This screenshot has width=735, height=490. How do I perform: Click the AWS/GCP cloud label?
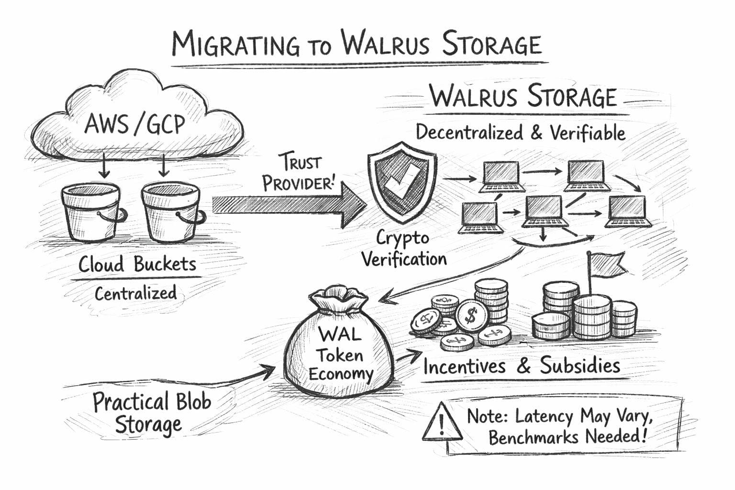click(x=134, y=124)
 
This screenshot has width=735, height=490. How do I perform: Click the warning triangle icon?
click(x=441, y=422)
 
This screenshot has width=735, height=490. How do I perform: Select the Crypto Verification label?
click(x=403, y=249)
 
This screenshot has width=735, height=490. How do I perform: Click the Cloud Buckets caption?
click(x=137, y=265)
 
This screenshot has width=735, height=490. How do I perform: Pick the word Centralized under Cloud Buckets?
click(x=135, y=293)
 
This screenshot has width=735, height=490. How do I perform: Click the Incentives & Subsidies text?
click(x=522, y=367)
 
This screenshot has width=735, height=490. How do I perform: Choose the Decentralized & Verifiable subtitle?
click(x=520, y=133)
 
